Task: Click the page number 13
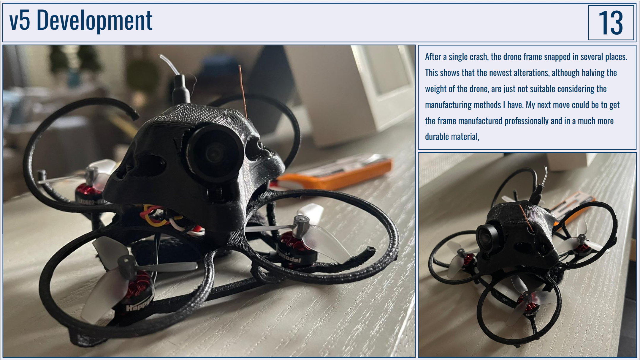point(610,23)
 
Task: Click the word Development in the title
point(94,20)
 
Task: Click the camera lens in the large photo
point(213,153)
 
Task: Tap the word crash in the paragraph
point(477,57)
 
